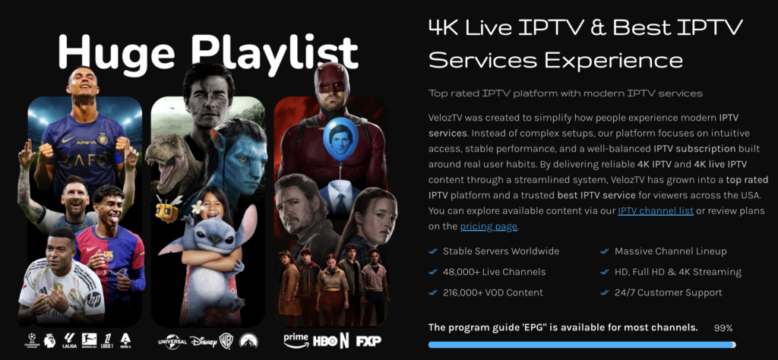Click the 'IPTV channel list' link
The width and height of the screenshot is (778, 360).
[x=656, y=211]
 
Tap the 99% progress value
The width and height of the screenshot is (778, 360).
[x=723, y=328]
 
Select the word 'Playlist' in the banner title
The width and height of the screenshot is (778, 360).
[x=274, y=52]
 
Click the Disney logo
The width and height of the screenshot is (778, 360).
[x=203, y=342]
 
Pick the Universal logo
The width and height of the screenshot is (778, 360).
[x=172, y=342]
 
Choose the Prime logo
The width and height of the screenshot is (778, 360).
[x=296, y=340]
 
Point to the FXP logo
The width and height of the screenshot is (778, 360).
[x=368, y=341]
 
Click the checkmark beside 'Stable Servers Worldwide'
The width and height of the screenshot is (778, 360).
[x=433, y=251]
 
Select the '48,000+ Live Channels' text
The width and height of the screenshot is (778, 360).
[x=492, y=272]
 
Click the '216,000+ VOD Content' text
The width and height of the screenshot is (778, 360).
[x=492, y=292]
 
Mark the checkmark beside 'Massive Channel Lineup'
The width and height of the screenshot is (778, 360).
[x=605, y=251]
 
